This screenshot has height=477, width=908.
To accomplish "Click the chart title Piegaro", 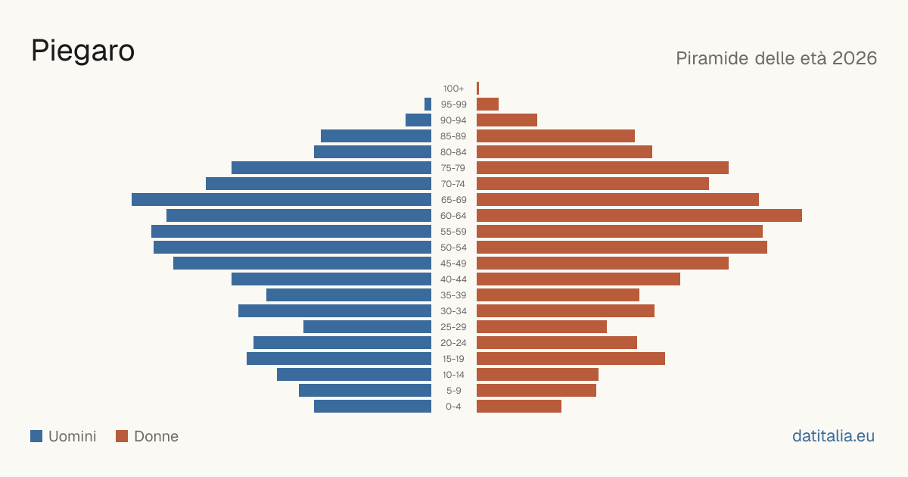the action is pyautogui.click(x=82, y=51).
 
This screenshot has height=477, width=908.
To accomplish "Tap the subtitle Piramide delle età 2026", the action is pyautogui.click(x=776, y=58).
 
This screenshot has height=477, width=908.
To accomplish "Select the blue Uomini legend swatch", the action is pyautogui.click(x=36, y=436).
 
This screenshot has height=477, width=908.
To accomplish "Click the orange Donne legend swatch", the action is pyautogui.click(x=122, y=436).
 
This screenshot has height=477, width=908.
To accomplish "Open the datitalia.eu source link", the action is pyautogui.click(x=833, y=436).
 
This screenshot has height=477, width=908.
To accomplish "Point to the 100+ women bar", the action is pyautogui.click(x=478, y=88).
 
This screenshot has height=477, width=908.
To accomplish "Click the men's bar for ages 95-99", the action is pyautogui.click(x=428, y=104).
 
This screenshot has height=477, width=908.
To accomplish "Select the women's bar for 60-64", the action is pyautogui.click(x=639, y=215).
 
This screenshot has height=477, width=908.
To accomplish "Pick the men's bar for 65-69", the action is pyautogui.click(x=281, y=200).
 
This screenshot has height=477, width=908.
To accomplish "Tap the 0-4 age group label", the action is pyautogui.click(x=453, y=407).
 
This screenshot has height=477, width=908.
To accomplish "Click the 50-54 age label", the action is pyautogui.click(x=453, y=248).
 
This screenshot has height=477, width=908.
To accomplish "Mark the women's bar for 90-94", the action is pyautogui.click(x=507, y=120).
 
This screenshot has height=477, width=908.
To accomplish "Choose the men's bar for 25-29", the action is pyautogui.click(x=367, y=327).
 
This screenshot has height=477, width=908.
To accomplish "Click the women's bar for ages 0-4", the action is pyautogui.click(x=519, y=407).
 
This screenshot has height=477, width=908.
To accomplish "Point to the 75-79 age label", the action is pyautogui.click(x=453, y=168).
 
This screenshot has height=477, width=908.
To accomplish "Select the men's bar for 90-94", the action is pyautogui.click(x=418, y=120).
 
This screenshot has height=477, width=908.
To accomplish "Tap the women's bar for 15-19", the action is pyautogui.click(x=571, y=359).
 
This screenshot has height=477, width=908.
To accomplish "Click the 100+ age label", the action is pyautogui.click(x=453, y=89).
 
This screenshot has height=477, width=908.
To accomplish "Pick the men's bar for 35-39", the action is pyautogui.click(x=349, y=295).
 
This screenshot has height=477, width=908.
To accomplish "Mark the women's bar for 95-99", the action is pyautogui.click(x=487, y=104).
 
